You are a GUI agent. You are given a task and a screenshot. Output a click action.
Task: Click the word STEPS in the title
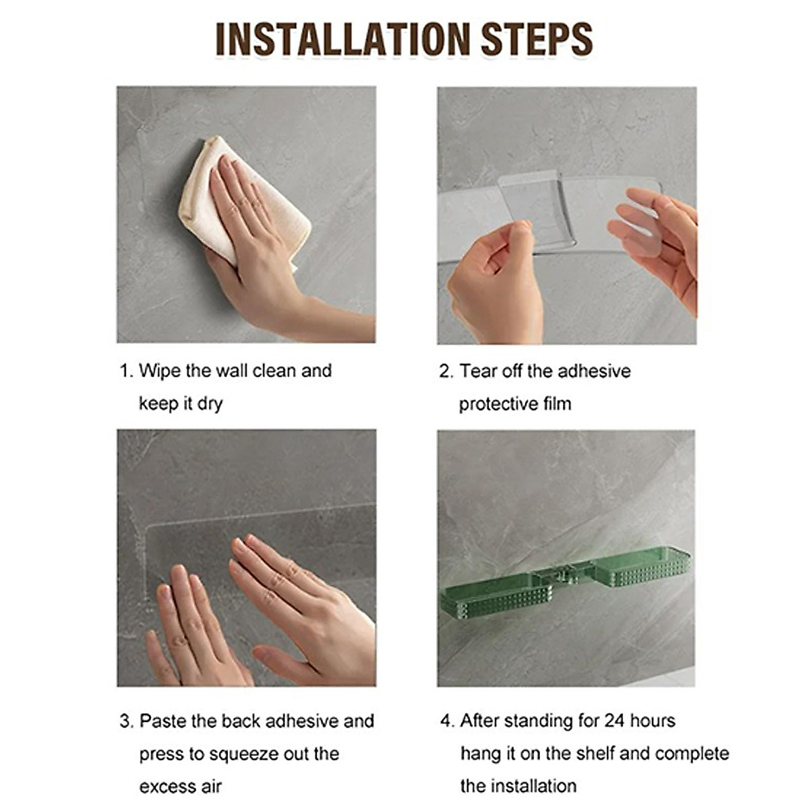click(537, 39)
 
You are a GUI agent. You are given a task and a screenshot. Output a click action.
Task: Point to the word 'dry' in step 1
click(210, 404)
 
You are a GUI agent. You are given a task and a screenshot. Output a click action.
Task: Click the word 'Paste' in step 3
click(163, 721)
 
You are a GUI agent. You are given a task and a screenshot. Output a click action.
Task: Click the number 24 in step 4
click(614, 721)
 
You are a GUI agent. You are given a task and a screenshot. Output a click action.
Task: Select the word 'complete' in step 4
click(692, 754)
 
